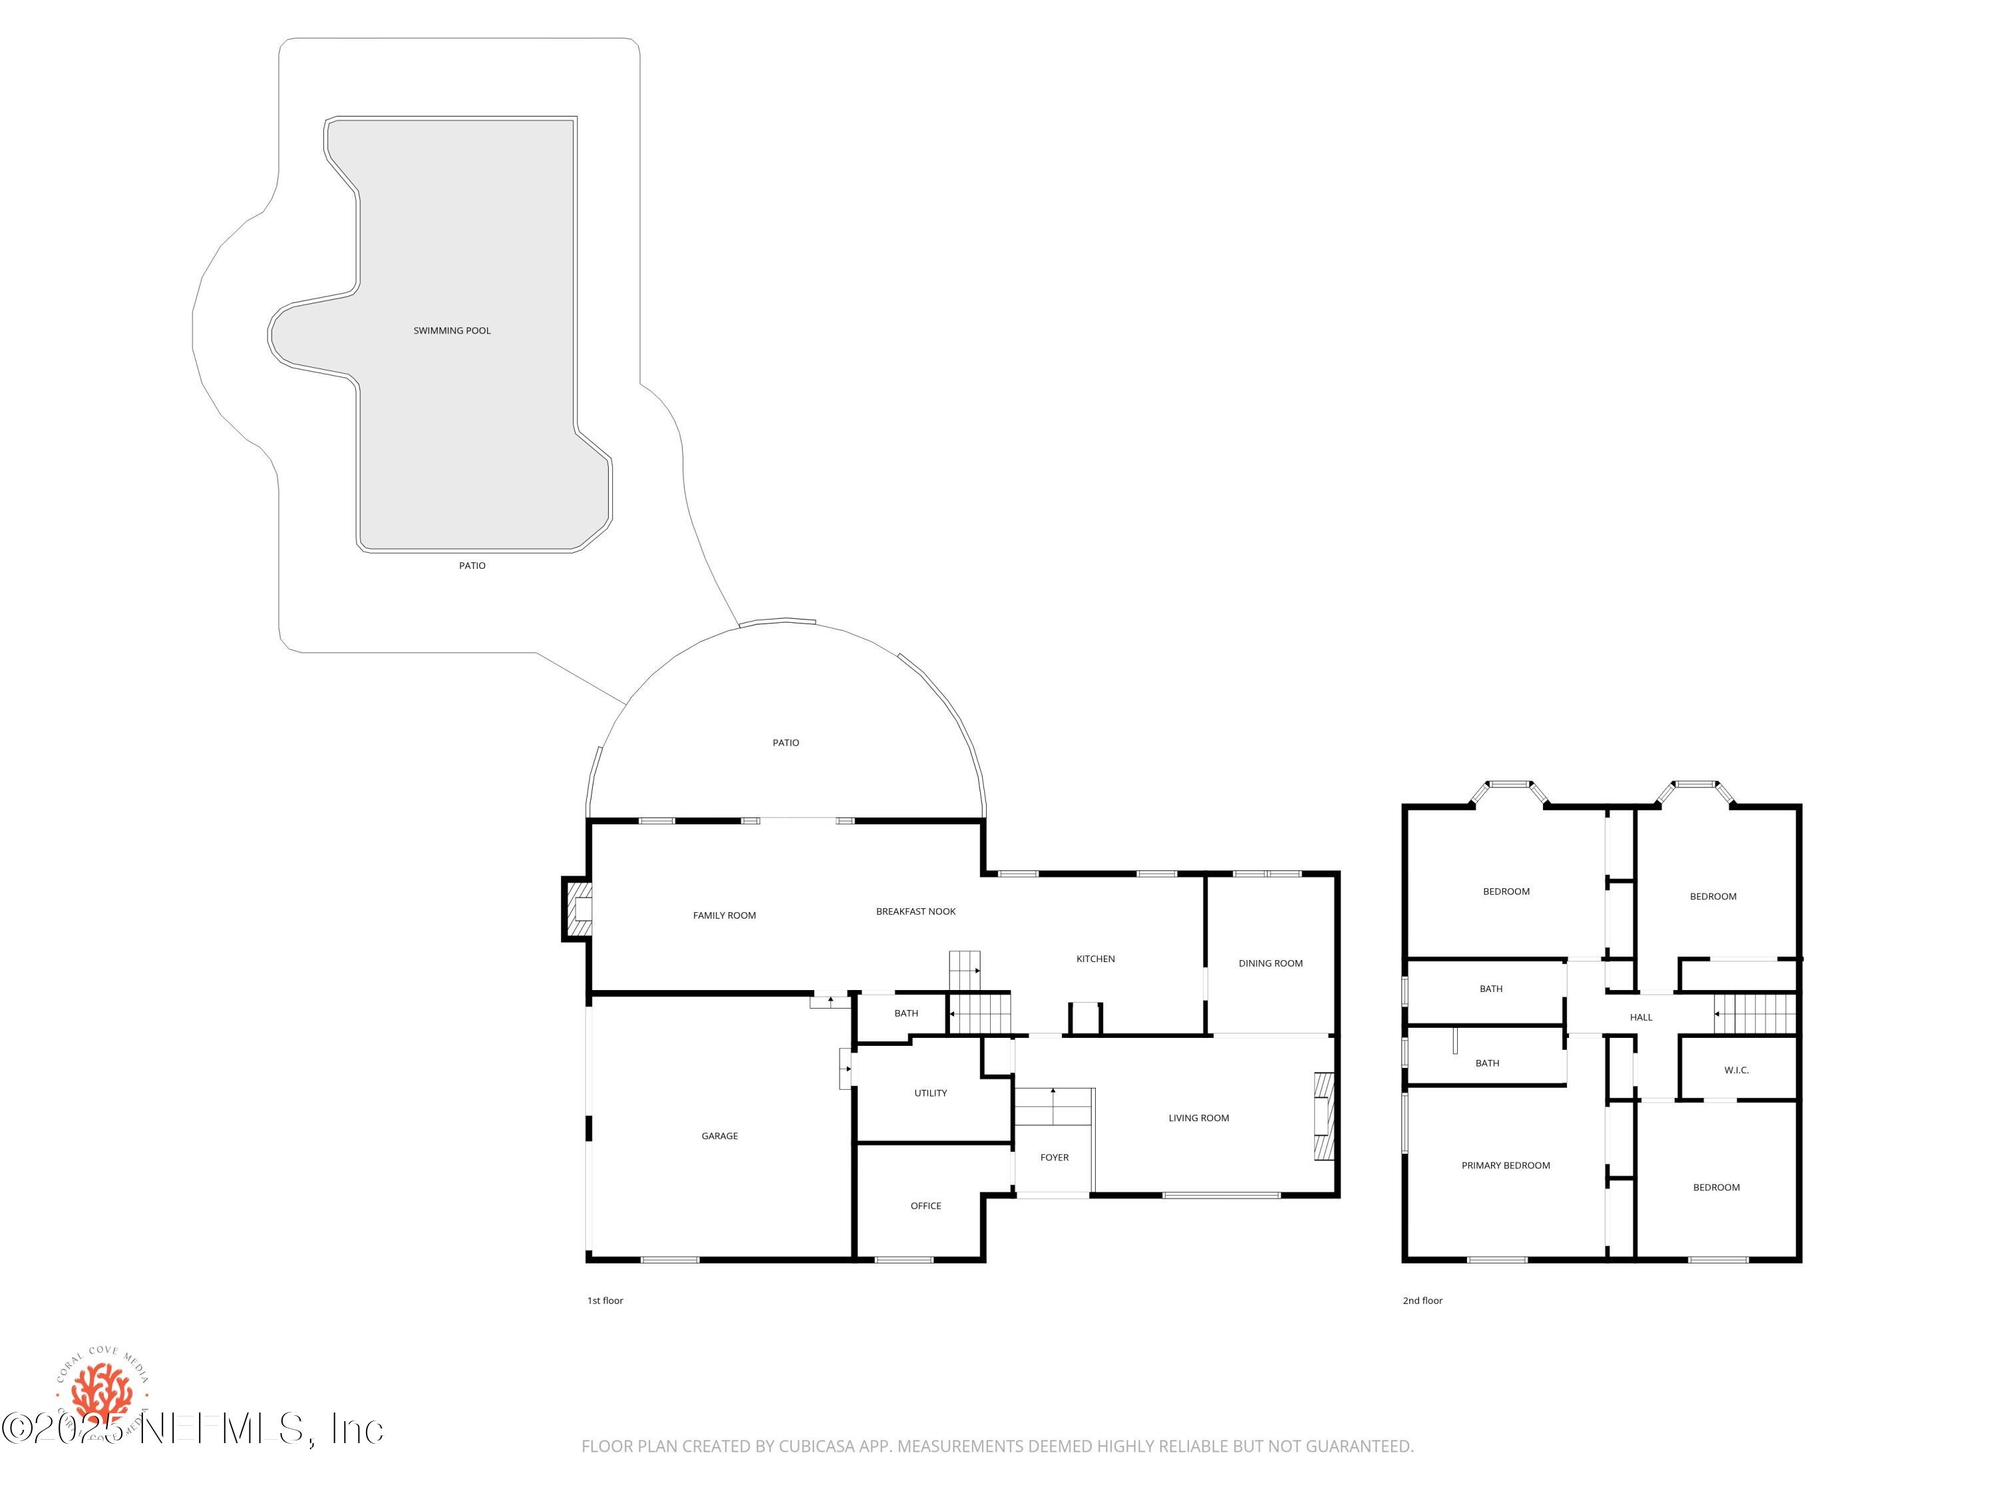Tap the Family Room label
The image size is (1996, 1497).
pos(724,915)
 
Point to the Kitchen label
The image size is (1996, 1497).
pos(1094,958)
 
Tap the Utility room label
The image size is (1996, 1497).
pos(930,1092)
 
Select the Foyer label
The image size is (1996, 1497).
pos(1054,1157)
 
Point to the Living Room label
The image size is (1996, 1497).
pos(1198,1118)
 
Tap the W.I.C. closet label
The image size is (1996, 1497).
pos(1736,1070)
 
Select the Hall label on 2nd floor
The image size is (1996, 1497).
pos(1641,1017)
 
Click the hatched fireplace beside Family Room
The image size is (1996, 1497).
pos(578,909)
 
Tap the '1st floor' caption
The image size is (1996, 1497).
pos(605,1300)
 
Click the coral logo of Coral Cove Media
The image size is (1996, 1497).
pos(102,1393)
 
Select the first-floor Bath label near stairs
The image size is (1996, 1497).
pos(906,1013)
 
